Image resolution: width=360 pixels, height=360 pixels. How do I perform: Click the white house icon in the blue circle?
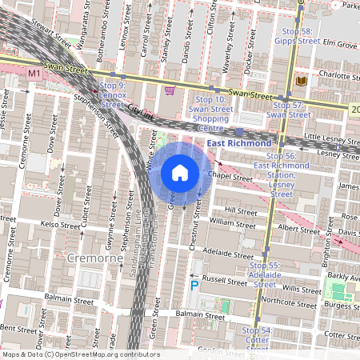click(x=180, y=173)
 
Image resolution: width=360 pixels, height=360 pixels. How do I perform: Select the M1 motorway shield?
click(x=34, y=73)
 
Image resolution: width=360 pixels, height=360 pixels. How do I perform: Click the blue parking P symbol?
click(x=194, y=286)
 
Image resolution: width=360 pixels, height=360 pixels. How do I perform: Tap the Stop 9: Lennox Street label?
click(x=112, y=94)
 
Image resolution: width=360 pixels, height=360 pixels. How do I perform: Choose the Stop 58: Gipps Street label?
click(x=297, y=34)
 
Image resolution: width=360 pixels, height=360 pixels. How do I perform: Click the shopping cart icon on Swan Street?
click(x=169, y=90)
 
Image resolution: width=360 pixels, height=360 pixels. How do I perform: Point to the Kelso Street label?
click(x=61, y=225)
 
